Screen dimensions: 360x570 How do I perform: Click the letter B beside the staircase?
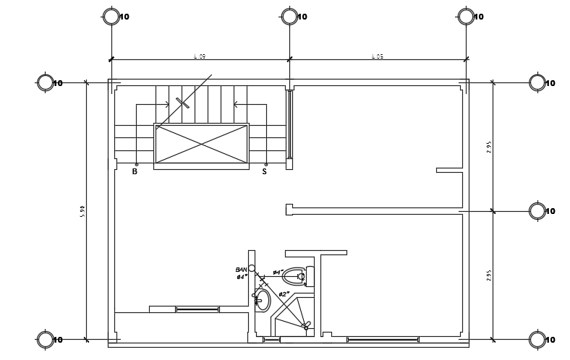pos(135,172)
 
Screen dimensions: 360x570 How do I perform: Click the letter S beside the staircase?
pos(264,172)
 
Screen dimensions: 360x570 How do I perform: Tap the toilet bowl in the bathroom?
pos(293,276)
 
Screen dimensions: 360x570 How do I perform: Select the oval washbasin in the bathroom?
pos(263,300)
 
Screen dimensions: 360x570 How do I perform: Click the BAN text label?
pos(241,270)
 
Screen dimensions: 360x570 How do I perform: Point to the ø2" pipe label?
pos(284,294)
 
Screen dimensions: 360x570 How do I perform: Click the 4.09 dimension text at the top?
pos(200,56)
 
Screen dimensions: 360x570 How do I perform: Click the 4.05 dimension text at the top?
pos(378,56)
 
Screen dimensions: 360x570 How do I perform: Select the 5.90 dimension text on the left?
pos(82,210)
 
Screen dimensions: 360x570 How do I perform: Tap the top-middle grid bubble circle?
pos(289,17)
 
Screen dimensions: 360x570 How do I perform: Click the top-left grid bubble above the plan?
pos(111,17)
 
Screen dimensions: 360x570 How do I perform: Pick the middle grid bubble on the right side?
pos(537,211)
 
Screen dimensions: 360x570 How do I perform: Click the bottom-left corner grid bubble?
pos(46,340)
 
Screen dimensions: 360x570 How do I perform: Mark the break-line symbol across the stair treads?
pos(182,103)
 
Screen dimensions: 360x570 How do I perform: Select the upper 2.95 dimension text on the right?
pos(489,147)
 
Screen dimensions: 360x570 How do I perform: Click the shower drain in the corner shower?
pos(306,327)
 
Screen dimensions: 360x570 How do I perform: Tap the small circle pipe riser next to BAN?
pos(252,268)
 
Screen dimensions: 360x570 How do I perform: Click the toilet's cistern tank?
pos(310,276)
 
